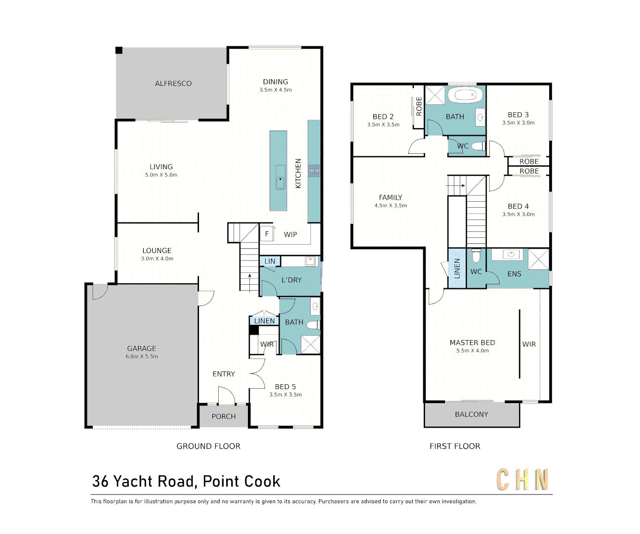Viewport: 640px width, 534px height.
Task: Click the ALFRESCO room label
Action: coord(173,84)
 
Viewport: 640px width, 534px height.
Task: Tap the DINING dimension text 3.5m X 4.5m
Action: coord(276,90)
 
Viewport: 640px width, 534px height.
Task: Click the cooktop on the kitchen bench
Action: coord(314,171)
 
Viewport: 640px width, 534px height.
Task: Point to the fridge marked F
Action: coord(267,234)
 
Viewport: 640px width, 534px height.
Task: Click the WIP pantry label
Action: coord(290,235)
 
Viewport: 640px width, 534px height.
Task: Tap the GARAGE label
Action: coord(141,349)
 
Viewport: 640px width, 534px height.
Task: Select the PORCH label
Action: coord(224,416)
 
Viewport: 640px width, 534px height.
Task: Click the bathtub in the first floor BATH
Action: coord(465,95)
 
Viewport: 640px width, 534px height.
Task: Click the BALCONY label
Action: coord(472,414)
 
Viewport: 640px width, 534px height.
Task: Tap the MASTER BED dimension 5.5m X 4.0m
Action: coord(473,351)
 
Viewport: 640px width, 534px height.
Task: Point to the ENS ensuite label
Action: coord(514,274)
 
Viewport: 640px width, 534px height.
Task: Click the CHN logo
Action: coord(522,480)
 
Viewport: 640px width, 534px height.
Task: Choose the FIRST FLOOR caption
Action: coord(454,446)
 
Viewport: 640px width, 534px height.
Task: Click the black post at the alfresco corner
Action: coord(119,50)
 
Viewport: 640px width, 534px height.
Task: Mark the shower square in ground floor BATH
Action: coord(311,345)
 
